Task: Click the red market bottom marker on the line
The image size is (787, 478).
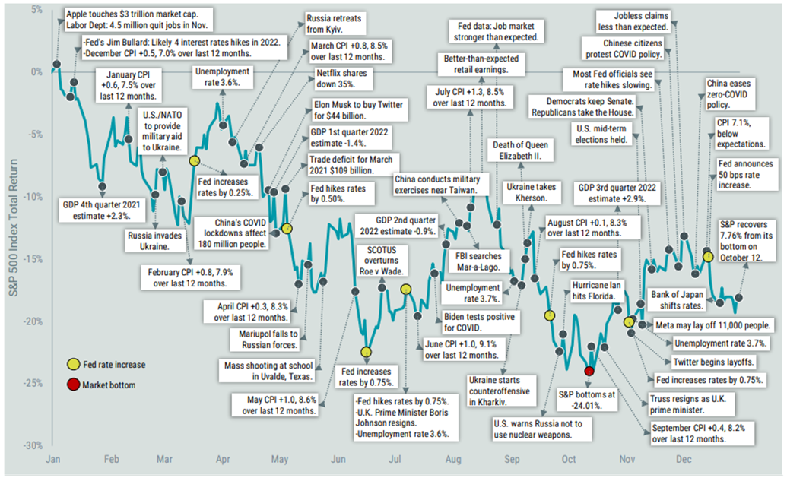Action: pos(589,370)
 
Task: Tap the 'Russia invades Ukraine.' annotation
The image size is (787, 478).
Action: pos(154,241)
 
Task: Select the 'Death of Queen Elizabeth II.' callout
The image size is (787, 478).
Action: pos(521,150)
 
